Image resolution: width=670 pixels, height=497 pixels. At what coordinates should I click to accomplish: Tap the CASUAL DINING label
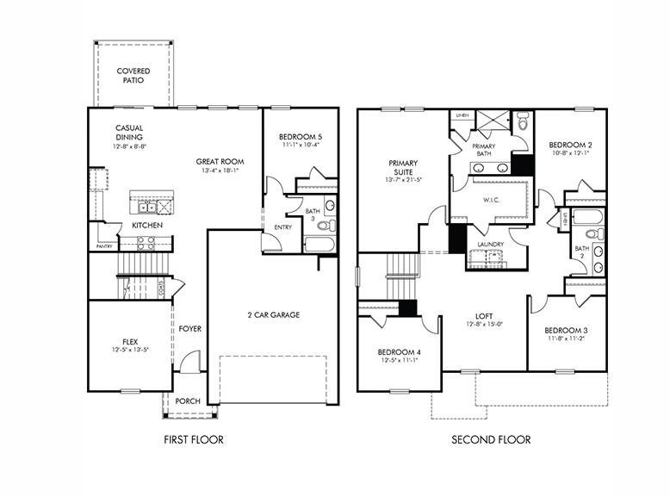coord(129,133)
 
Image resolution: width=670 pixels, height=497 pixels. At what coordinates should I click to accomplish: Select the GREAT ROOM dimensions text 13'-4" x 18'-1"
coord(220,171)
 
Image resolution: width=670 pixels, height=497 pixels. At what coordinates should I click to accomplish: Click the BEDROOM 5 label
coord(301,137)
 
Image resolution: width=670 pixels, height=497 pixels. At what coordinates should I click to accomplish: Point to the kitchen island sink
coord(146,207)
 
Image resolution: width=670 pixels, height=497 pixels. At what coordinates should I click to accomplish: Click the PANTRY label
coord(104,246)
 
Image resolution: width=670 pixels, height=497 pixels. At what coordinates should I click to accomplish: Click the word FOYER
coord(190,328)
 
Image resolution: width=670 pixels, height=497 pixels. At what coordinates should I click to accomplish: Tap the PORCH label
coord(188,401)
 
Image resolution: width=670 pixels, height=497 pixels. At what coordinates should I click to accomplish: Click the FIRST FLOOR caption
coord(194,440)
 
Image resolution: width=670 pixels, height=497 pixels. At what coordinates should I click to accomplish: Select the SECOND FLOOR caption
coord(491,440)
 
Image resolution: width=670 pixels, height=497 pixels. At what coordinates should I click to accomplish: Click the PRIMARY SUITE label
coord(403,167)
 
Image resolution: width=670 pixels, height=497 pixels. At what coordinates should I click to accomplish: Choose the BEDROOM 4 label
coord(400,351)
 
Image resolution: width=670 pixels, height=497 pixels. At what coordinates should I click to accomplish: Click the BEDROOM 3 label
coord(565,330)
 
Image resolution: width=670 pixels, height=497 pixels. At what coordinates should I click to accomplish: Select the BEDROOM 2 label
coord(569,144)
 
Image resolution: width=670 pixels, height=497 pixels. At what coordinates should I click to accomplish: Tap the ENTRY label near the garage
coord(283,227)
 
